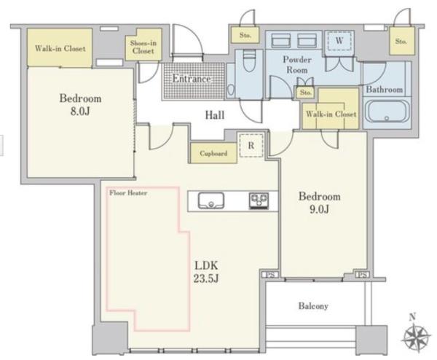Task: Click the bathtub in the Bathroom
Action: [x=387, y=111]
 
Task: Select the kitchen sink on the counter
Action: [x=211, y=200]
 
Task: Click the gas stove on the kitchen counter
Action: [x=259, y=201]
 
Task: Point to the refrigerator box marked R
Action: [x=251, y=145]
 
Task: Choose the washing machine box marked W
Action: [x=339, y=41]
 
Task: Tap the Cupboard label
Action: [x=213, y=153]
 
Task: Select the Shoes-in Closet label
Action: [x=143, y=47]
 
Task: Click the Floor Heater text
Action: [x=128, y=193]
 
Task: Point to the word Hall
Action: [x=215, y=115]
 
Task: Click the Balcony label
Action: [x=313, y=306]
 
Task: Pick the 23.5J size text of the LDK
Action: [x=205, y=278]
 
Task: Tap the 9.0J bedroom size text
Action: [x=319, y=209]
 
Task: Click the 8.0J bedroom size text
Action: [x=80, y=111]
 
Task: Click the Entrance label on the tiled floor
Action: [x=192, y=79]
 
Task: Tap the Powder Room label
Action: [x=297, y=65]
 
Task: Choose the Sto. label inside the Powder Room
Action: [x=305, y=93]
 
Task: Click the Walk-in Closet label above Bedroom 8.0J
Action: [x=60, y=49]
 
